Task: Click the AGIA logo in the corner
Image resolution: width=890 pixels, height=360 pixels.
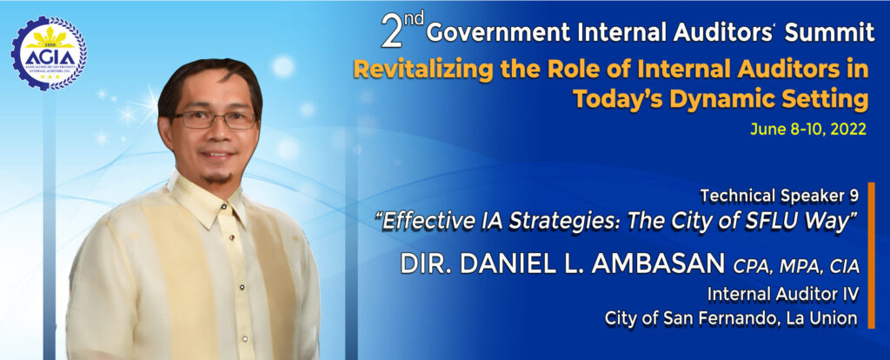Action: point(49,53)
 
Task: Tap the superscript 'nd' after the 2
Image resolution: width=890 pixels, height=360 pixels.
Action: point(414,20)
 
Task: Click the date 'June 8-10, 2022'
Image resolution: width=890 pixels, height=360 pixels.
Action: point(808,130)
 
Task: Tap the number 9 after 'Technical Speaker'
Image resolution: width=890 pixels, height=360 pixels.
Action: point(853,196)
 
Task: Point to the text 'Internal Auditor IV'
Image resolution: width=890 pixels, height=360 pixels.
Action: point(783,295)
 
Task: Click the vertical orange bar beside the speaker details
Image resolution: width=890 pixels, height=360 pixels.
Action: point(871,255)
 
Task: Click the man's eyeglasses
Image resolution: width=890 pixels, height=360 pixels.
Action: point(215,119)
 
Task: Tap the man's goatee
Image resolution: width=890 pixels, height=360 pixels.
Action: point(218,177)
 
